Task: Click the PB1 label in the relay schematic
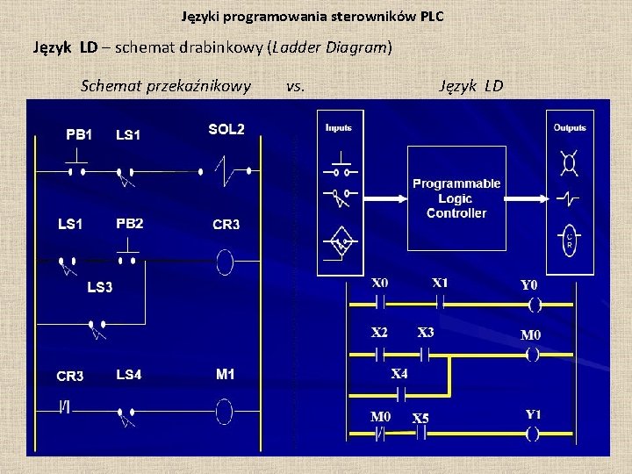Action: pyautogui.click(x=79, y=134)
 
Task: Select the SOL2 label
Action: pyautogui.click(x=226, y=130)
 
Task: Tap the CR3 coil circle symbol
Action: pyautogui.click(x=225, y=261)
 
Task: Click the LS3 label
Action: pyautogui.click(x=100, y=287)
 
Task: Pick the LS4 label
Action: pyautogui.click(x=128, y=375)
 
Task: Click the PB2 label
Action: pyautogui.click(x=129, y=223)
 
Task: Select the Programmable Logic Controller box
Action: pyautogui.click(x=456, y=197)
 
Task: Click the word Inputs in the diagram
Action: pyautogui.click(x=339, y=127)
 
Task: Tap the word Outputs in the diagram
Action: pyautogui.click(x=570, y=127)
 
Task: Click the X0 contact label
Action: pyautogui.click(x=380, y=284)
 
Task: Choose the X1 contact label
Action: pyautogui.click(x=440, y=283)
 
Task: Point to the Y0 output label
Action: pyautogui.click(x=529, y=285)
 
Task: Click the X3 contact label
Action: pyautogui.click(x=426, y=333)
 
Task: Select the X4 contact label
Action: pyautogui.click(x=399, y=373)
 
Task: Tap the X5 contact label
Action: pyautogui.click(x=421, y=417)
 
